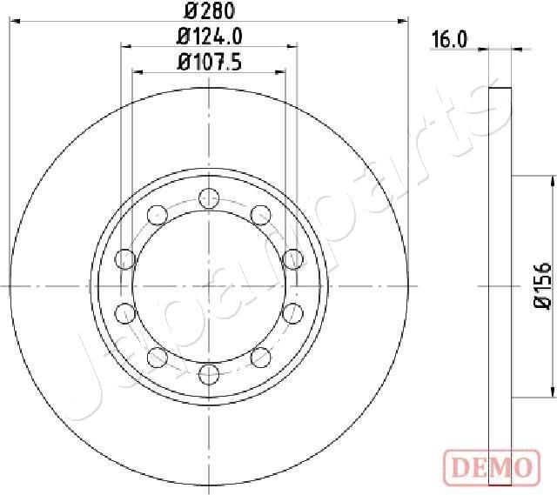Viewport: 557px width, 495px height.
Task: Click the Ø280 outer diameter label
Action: [x=208, y=11]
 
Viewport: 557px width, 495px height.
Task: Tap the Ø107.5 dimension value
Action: [x=209, y=62]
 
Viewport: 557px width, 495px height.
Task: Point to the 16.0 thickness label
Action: [x=449, y=38]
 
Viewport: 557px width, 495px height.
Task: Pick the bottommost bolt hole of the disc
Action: [x=208, y=374]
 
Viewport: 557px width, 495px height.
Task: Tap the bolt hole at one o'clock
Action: [x=258, y=213]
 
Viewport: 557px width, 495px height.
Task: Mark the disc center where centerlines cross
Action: [x=208, y=284]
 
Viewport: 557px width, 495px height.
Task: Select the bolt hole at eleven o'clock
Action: [x=158, y=213]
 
